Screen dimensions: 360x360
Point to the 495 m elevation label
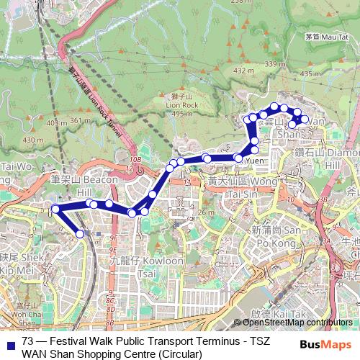(x=182, y=113)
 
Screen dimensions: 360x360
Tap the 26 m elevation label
(x=207, y=212)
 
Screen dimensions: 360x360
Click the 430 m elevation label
(x=33, y=140)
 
